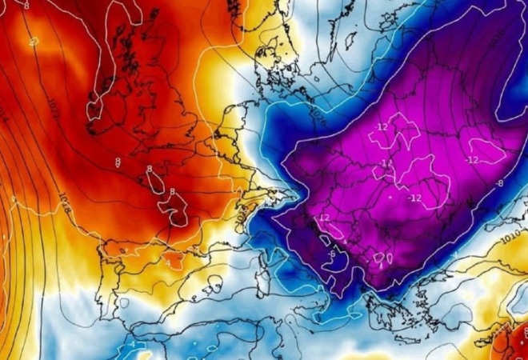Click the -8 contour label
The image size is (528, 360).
point(499,183)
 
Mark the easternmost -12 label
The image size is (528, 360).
point(471,160)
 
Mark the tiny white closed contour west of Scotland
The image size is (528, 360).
point(33,40)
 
